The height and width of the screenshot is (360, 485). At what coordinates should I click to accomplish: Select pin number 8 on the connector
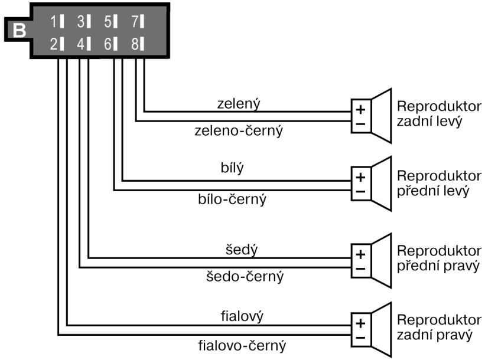point(138,44)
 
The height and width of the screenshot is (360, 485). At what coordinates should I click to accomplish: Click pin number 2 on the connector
point(57,44)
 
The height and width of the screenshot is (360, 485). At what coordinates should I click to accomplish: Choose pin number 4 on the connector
point(84,44)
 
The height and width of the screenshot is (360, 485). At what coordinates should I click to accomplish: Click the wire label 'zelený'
point(239,103)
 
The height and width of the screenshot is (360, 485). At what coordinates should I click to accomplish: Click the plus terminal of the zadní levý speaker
point(360,109)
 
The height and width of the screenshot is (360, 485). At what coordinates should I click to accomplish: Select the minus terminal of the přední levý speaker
point(360,191)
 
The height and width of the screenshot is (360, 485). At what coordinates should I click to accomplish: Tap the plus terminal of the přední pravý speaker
point(360,256)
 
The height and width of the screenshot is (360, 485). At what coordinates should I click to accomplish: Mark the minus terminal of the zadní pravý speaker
point(360,338)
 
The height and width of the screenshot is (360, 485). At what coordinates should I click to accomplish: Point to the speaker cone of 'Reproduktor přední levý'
point(382,184)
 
